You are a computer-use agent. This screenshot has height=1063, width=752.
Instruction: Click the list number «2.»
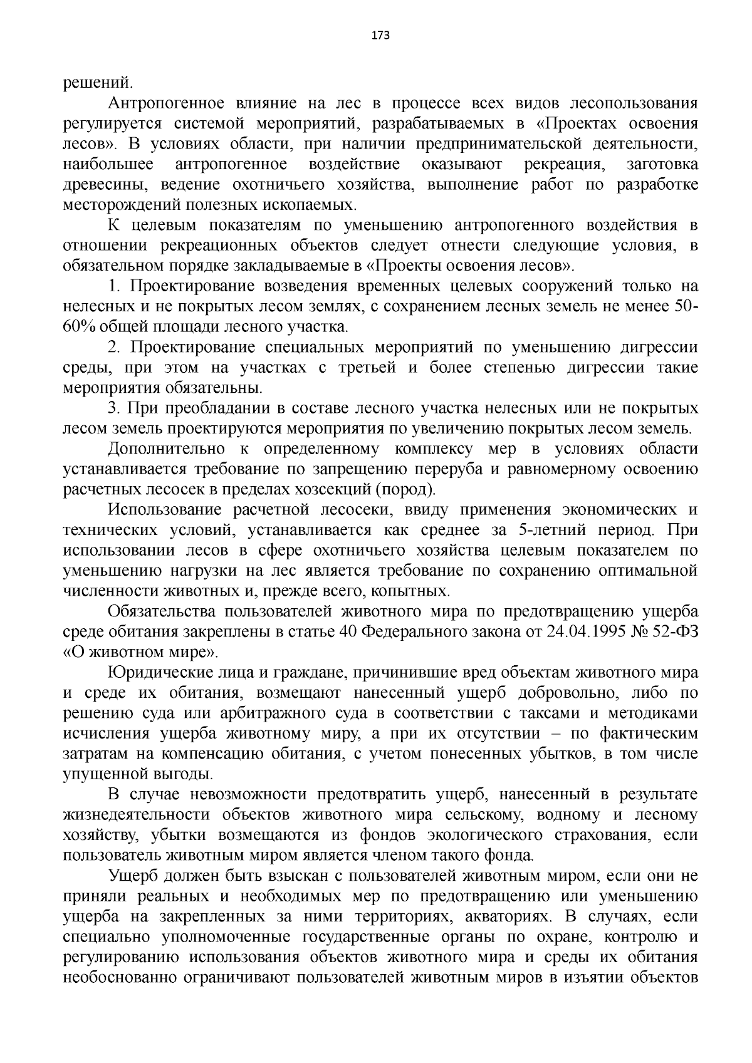(114, 348)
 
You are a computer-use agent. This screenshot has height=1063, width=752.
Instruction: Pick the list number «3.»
(114, 408)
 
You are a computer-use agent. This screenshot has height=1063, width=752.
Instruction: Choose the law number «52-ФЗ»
(676, 631)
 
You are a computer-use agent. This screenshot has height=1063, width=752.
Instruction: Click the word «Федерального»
(421, 631)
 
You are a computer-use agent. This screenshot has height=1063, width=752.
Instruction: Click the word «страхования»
(602, 836)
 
